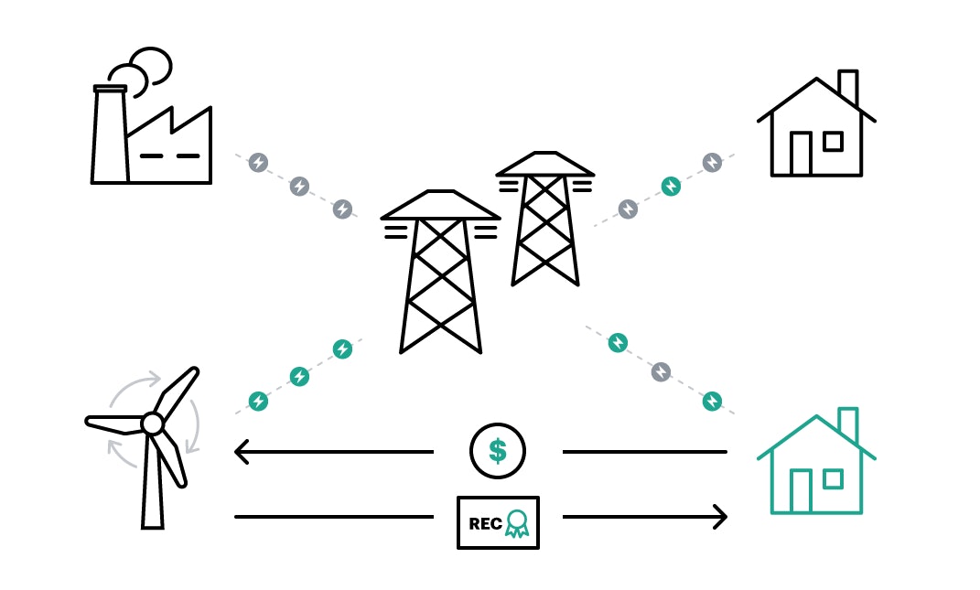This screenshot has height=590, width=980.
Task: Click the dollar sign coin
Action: point(497,451)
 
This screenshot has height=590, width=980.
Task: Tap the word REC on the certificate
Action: point(485,524)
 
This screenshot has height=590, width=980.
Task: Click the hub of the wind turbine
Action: point(153,424)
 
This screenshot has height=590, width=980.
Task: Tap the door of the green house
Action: point(801,491)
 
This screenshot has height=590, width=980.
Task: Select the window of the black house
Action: point(833,141)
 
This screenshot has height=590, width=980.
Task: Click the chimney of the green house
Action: point(847,424)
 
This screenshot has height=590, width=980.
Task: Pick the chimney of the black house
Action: point(848,87)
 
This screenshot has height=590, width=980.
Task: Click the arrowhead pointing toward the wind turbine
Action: point(242,451)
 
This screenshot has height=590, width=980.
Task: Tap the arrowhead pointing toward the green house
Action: point(719,517)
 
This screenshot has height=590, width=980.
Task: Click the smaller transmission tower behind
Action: point(545,220)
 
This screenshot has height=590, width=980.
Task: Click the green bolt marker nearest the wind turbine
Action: point(259,401)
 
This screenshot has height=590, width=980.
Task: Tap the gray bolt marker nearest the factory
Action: point(259,163)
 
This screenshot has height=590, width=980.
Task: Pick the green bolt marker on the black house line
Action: point(671,187)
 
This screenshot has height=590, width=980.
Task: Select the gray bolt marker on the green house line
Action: point(661,371)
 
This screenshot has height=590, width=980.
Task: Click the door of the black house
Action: point(801,154)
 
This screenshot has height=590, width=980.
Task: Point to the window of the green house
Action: point(833,478)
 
